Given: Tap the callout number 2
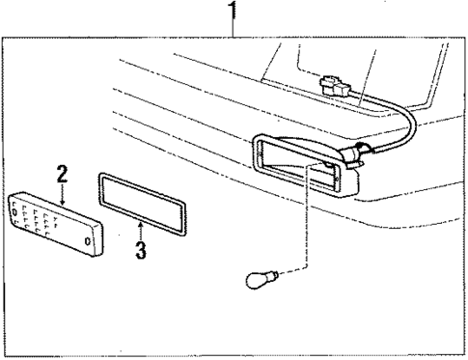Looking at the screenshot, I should [x=62, y=175].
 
